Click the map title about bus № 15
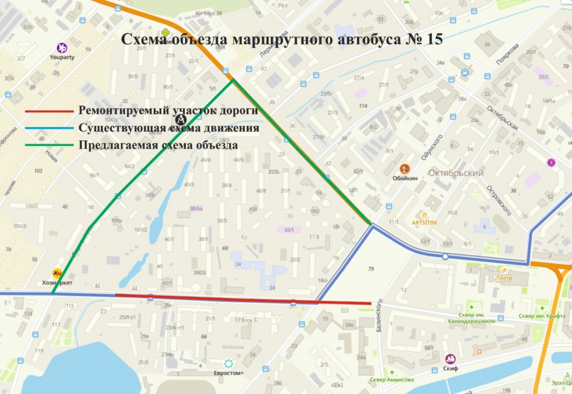tap(282, 39)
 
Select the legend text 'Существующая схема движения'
tap(169, 128)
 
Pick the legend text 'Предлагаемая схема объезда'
tap(158, 145)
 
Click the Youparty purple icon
tap(63, 48)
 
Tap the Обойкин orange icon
tap(405, 168)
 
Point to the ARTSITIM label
tap(424, 223)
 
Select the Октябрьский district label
tap(456, 173)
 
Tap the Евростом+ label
tap(228, 373)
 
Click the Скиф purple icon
tap(450, 359)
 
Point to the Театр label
tap(504, 278)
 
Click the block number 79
tap(371, 268)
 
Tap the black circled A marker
tap(181, 119)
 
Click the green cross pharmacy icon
tap(166, 32)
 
